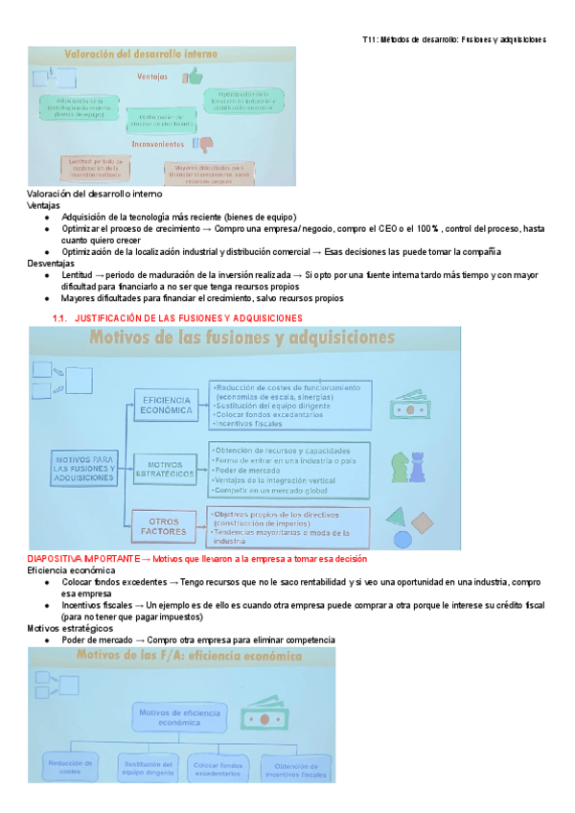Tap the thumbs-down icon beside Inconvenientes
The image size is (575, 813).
pos(204,144)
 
